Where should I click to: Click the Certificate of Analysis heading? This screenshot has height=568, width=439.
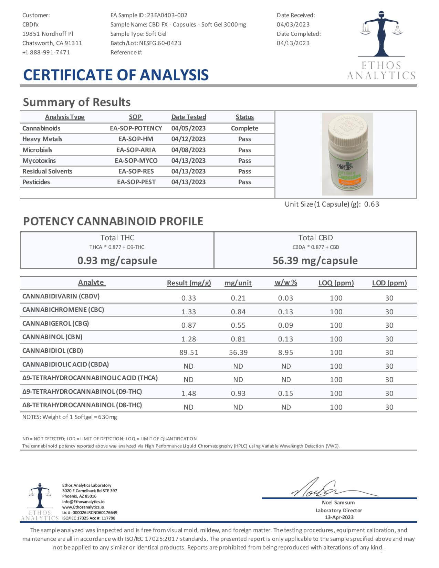pyautogui.click(x=116, y=75)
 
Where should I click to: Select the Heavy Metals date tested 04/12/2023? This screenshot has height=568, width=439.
pyautogui.click(x=188, y=139)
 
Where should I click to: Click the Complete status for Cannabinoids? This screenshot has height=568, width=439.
pyautogui.click(x=244, y=128)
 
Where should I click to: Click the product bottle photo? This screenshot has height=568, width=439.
pyautogui.click(x=347, y=154)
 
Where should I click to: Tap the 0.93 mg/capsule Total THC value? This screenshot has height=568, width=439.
pyautogui.click(x=117, y=260)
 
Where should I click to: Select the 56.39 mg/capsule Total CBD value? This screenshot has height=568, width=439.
pyautogui.click(x=315, y=260)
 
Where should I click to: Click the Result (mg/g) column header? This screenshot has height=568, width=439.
pyautogui.click(x=189, y=283)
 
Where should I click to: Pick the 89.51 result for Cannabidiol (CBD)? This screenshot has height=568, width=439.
pyautogui.click(x=189, y=353)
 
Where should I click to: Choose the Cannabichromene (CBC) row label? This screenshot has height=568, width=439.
pyautogui.click(x=63, y=310)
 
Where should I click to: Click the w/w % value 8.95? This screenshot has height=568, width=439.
pyautogui.click(x=285, y=353)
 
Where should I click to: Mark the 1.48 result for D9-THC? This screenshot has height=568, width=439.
pyautogui.click(x=189, y=393)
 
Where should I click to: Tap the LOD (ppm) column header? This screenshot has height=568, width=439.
pyautogui.click(x=389, y=283)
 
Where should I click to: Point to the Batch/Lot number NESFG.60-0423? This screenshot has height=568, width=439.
pyautogui.click(x=160, y=43)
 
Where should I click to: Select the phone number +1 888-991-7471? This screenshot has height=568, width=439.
pyautogui.click(x=46, y=52)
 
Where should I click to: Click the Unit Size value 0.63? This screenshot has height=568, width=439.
pyautogui.click(x=372, y=204)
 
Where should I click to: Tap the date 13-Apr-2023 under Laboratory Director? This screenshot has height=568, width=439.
pyautogui.click(x=339, y=517)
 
